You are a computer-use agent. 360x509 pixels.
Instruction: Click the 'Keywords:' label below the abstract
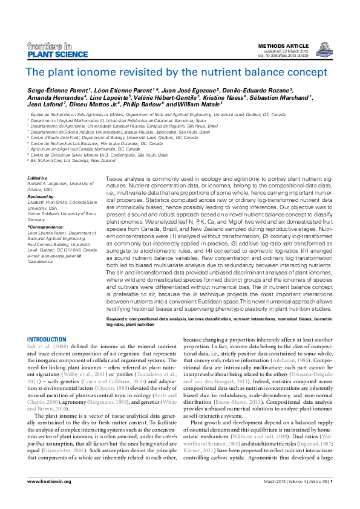coord(118,318)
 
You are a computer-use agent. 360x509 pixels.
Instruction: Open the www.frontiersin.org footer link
coord(50,481)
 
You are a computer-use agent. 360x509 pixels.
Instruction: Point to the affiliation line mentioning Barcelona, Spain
coord(120,120)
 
